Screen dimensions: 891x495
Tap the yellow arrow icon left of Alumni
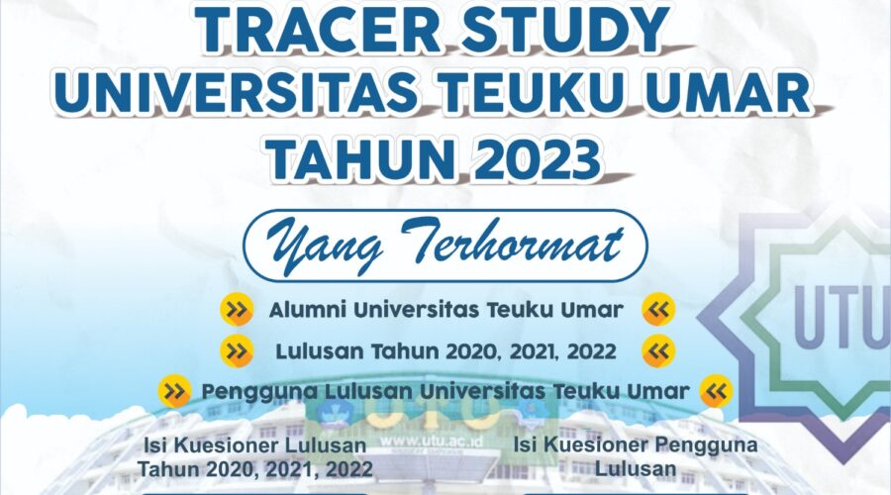237,309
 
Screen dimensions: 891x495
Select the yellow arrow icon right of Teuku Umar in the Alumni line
658,309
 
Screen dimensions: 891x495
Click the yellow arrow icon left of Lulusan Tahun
237,350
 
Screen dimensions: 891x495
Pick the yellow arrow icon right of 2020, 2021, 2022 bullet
658,351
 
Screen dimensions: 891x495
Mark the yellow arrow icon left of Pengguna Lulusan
174,392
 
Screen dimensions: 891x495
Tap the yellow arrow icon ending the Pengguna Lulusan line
717,392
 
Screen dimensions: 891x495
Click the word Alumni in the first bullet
308,310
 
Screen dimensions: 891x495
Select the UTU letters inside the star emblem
842,316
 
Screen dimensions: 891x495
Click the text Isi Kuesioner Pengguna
636,445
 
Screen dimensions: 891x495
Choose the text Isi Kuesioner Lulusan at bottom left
255,445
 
